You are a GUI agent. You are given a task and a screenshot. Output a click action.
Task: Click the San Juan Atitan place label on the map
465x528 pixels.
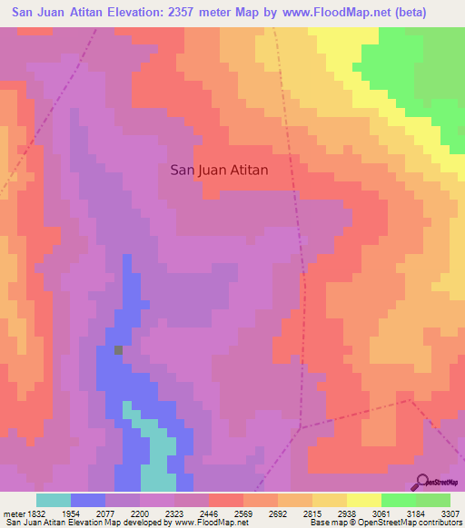click(219, 169)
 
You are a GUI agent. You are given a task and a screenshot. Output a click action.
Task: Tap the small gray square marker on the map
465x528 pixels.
click(118, 349)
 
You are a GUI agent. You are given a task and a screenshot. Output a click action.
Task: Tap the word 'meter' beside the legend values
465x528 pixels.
click(14, 512)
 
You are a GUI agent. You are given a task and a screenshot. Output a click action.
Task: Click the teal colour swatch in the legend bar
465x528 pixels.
click(54, 500)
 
